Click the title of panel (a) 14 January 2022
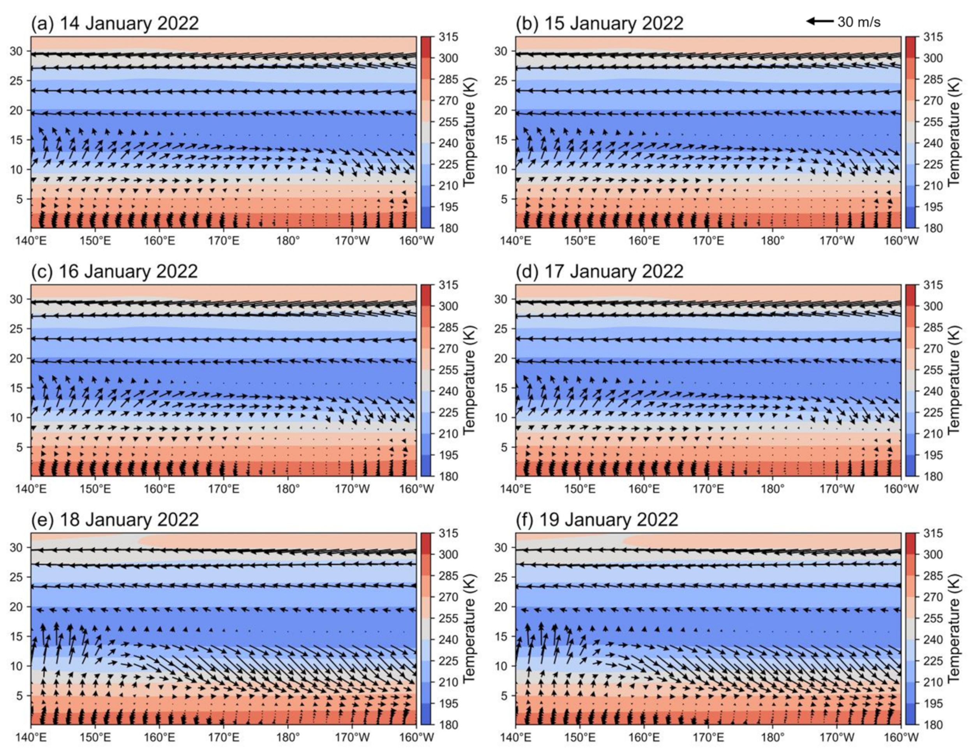click(115, 23)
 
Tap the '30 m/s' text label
click(859, 22)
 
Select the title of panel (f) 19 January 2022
click(597, 520)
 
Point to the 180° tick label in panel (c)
click(288, 489)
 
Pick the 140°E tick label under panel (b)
click(515, 241)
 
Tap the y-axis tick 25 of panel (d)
click(501, 329)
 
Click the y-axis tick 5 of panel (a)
click(19, 199)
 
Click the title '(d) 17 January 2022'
click(599, 271)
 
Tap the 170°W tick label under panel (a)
click(352, 241)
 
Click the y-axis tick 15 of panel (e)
click(16, 636)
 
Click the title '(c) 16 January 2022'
click(114, 271)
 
